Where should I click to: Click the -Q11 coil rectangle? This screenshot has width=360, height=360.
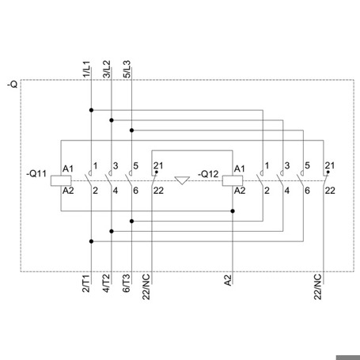[61, 181]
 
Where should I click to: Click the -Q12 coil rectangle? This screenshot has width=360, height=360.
[233, 181]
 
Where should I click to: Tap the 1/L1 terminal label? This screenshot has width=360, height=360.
[86, 69]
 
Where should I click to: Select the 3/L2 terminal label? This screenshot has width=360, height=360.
[107, 69]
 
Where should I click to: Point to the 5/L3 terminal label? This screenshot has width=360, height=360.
[127, 69]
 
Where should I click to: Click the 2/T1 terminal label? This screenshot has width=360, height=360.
[86, 283]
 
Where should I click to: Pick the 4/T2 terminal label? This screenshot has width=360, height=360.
[106, 283]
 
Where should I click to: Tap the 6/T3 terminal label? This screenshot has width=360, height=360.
[127, 283]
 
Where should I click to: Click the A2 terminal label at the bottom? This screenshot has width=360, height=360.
[228, 280]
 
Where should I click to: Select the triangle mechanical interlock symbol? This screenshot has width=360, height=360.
[182, 180]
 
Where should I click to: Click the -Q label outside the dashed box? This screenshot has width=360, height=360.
[13, 85]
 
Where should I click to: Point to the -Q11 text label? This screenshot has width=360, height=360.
[36, 174]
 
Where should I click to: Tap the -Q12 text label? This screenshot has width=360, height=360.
[208, 174]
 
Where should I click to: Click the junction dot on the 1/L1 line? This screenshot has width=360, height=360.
[91, 110]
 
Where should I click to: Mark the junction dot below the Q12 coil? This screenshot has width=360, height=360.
[233, 211]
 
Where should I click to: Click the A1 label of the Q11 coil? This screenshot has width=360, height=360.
[68, 169]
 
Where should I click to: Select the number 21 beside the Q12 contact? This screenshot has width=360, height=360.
[330, 165]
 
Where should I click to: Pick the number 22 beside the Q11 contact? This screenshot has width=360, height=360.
[158, 191]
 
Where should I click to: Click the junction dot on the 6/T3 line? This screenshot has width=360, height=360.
[131, 221]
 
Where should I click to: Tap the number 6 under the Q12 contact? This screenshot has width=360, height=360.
[307, 191]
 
